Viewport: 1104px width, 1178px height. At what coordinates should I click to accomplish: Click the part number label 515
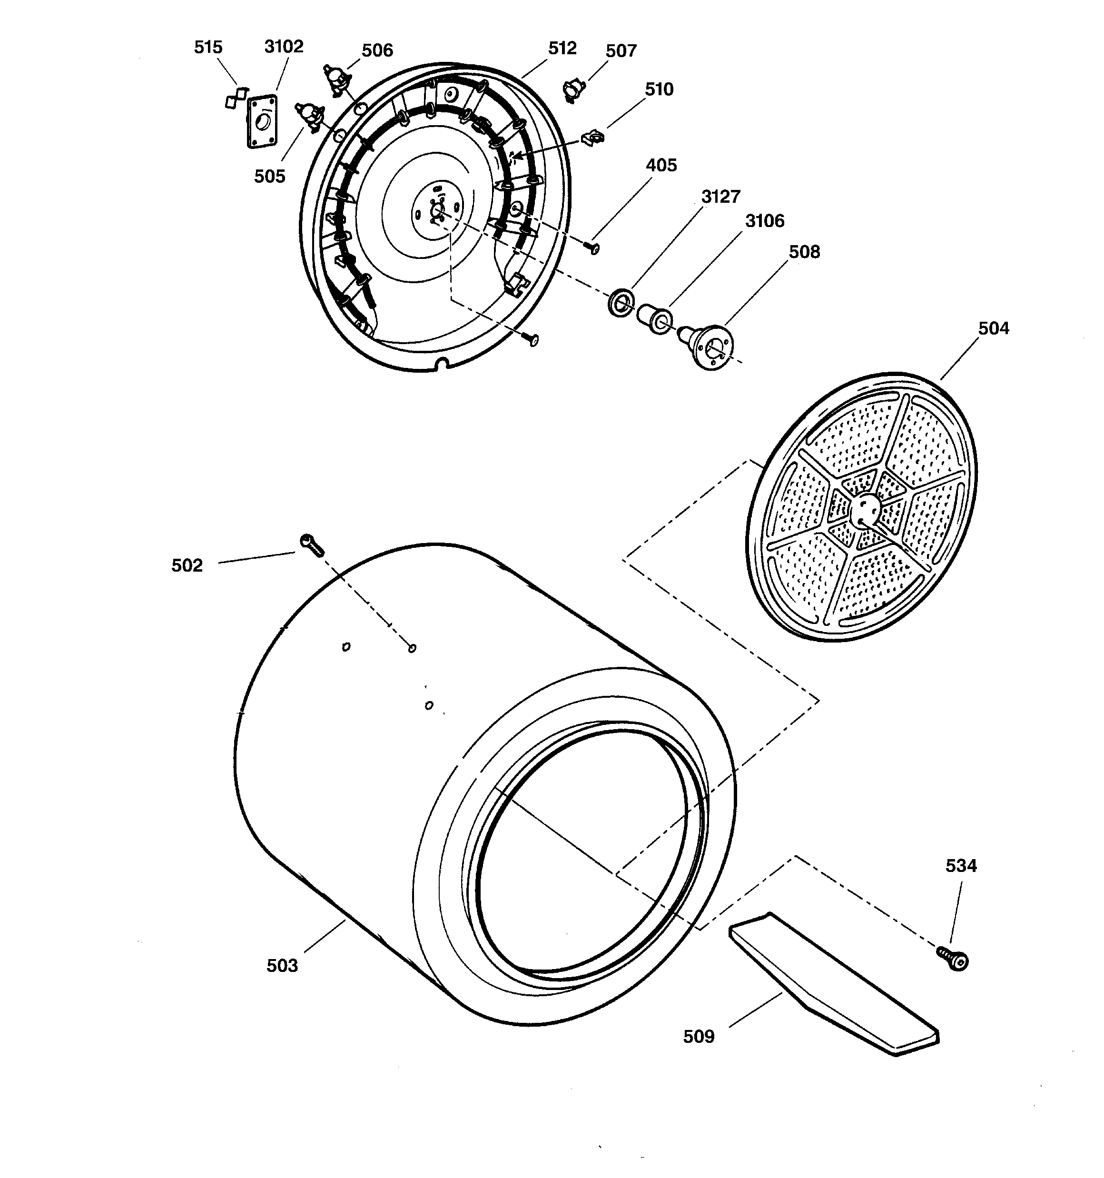tap(208, 48)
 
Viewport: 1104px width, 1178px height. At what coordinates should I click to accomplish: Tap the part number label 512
tap(562, 48)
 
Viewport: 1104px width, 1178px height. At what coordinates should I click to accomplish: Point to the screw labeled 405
tap(592, 247)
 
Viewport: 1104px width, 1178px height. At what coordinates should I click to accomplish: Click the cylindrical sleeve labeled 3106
tap(655, 318)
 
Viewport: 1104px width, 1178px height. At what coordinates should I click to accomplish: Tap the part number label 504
tap(993, 328)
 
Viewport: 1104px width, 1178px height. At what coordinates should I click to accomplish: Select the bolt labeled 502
tap(312, 544)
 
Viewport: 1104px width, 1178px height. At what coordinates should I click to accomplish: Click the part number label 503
tap(282, 966)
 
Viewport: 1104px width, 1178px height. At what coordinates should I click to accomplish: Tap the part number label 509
tap(699, 1036)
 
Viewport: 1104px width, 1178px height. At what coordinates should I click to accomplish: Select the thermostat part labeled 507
tap(573, 90)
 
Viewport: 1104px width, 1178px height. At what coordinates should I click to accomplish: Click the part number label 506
tap(377, 50)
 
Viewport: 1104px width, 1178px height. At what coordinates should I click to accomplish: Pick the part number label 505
tap(270, 176)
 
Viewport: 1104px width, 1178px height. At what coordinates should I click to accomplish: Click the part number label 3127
tap(720, 197)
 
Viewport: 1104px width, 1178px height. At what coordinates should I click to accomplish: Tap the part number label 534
tap(961, 866)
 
